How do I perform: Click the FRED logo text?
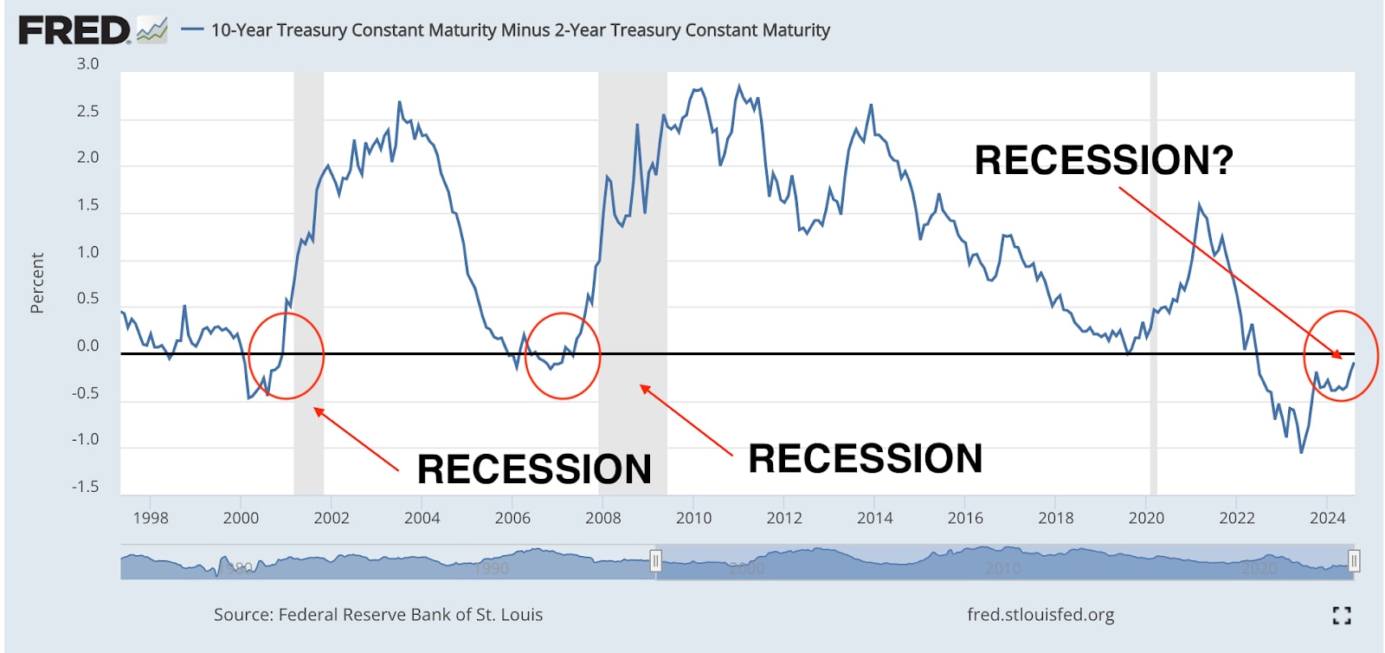[x=74, y=30]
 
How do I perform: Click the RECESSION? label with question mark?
[x=1104, y=160]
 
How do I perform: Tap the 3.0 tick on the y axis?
[x=87, y=64]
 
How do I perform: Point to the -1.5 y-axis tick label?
[x=85, y=487]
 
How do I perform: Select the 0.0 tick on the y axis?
[x=87, y=346]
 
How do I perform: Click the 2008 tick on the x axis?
[x=602, y=518]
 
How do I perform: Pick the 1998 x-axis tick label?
[x=151, y=518]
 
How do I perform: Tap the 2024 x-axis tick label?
[x=1327, y=518]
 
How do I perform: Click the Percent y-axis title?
[x=37, y=282]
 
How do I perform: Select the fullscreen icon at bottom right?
[x=1342, y=615]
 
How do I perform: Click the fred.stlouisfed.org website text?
[x=1040, y=614]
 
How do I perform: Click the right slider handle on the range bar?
[x=1354, y=562]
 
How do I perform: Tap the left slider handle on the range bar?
[x=655, y=562]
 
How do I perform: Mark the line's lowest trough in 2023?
[x=1301, y=451]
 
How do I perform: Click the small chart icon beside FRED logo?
[x=152, y=30]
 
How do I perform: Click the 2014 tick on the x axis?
[x=874, y=518]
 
